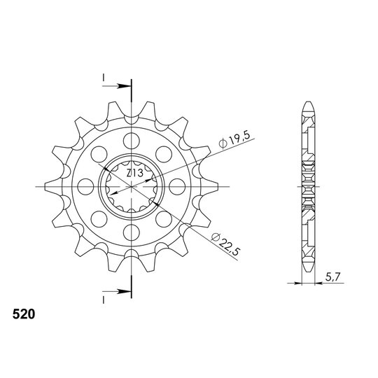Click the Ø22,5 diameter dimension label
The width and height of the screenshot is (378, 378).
click(225, 244)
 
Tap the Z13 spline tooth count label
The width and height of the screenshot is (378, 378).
click(135, 173)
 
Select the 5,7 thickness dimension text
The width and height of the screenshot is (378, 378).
click(332, 277)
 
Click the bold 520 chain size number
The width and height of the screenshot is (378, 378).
click(24, 314)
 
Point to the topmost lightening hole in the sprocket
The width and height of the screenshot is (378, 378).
click(132, 141)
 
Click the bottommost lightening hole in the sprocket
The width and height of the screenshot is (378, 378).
click(132, 232)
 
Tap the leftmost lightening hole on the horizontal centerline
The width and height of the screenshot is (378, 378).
click(86, 187)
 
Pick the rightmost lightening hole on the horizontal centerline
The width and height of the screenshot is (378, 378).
click(177, 187)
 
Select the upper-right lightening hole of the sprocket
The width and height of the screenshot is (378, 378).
click(164, 154)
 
